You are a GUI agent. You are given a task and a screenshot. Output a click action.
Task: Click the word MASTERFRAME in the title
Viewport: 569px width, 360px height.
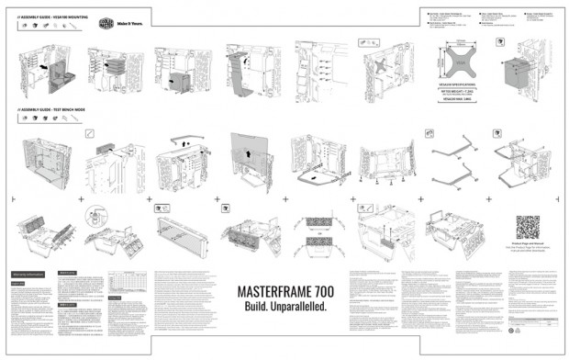point(273,291)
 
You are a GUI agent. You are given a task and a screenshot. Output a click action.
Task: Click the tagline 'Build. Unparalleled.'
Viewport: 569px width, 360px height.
point(285,306)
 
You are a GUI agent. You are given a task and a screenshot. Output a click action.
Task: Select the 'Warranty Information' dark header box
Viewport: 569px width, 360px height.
point(29,273)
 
